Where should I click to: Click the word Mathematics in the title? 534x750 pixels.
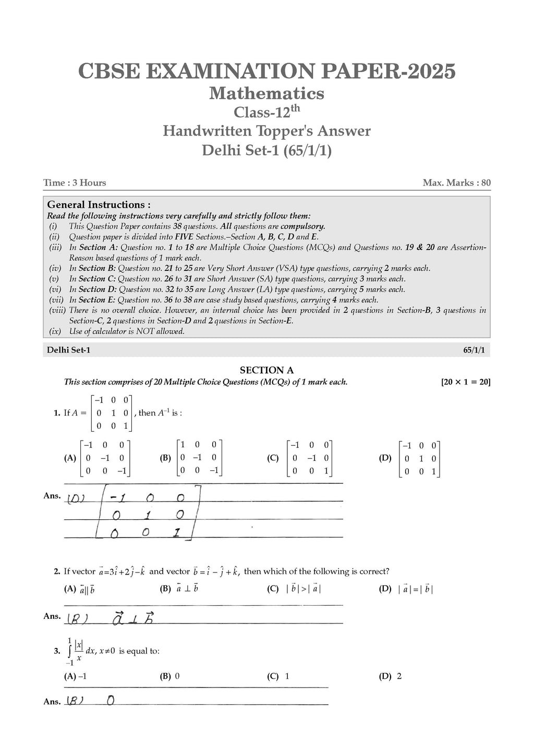pos(266,93)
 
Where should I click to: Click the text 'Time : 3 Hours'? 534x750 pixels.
pos(75,183)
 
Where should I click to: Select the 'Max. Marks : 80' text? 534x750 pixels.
pos(457,183)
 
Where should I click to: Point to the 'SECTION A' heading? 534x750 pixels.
pos(266,370)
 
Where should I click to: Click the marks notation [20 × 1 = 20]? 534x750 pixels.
pos(466,382)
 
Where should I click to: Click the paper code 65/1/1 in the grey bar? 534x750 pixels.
pos(474,350)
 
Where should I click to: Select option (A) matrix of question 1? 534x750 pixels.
pos(104,458)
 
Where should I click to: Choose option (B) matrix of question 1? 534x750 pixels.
pos(199,458)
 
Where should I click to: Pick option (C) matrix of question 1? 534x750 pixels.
pos(311,458)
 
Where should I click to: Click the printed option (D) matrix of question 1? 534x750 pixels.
pos(420,459)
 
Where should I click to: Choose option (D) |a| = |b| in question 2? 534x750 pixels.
pos(415,589)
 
